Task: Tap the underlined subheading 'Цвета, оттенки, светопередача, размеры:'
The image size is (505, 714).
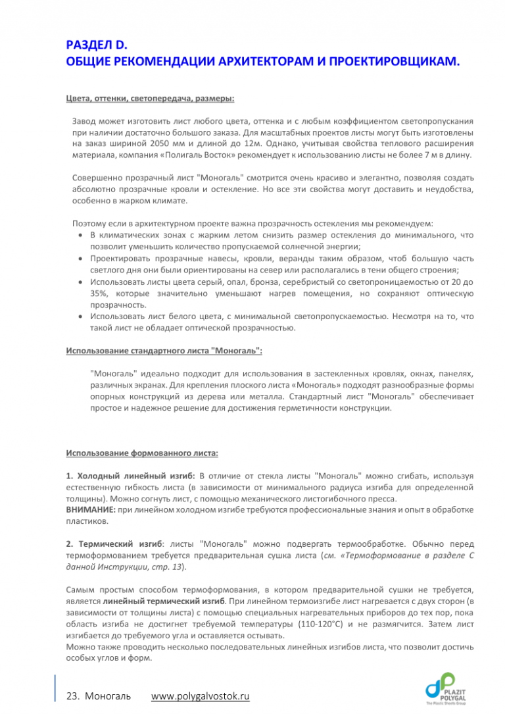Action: (x=150, y=99)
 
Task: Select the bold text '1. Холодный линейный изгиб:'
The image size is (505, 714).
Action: (x=130, y=475)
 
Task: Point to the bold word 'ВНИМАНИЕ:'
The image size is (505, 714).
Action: (x=89, y=511)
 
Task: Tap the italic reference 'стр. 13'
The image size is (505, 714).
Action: (x=169, y=567)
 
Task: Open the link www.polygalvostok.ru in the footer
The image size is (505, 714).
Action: (x=201, y=696)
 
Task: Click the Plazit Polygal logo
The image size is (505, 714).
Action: (x=449, y=687)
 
